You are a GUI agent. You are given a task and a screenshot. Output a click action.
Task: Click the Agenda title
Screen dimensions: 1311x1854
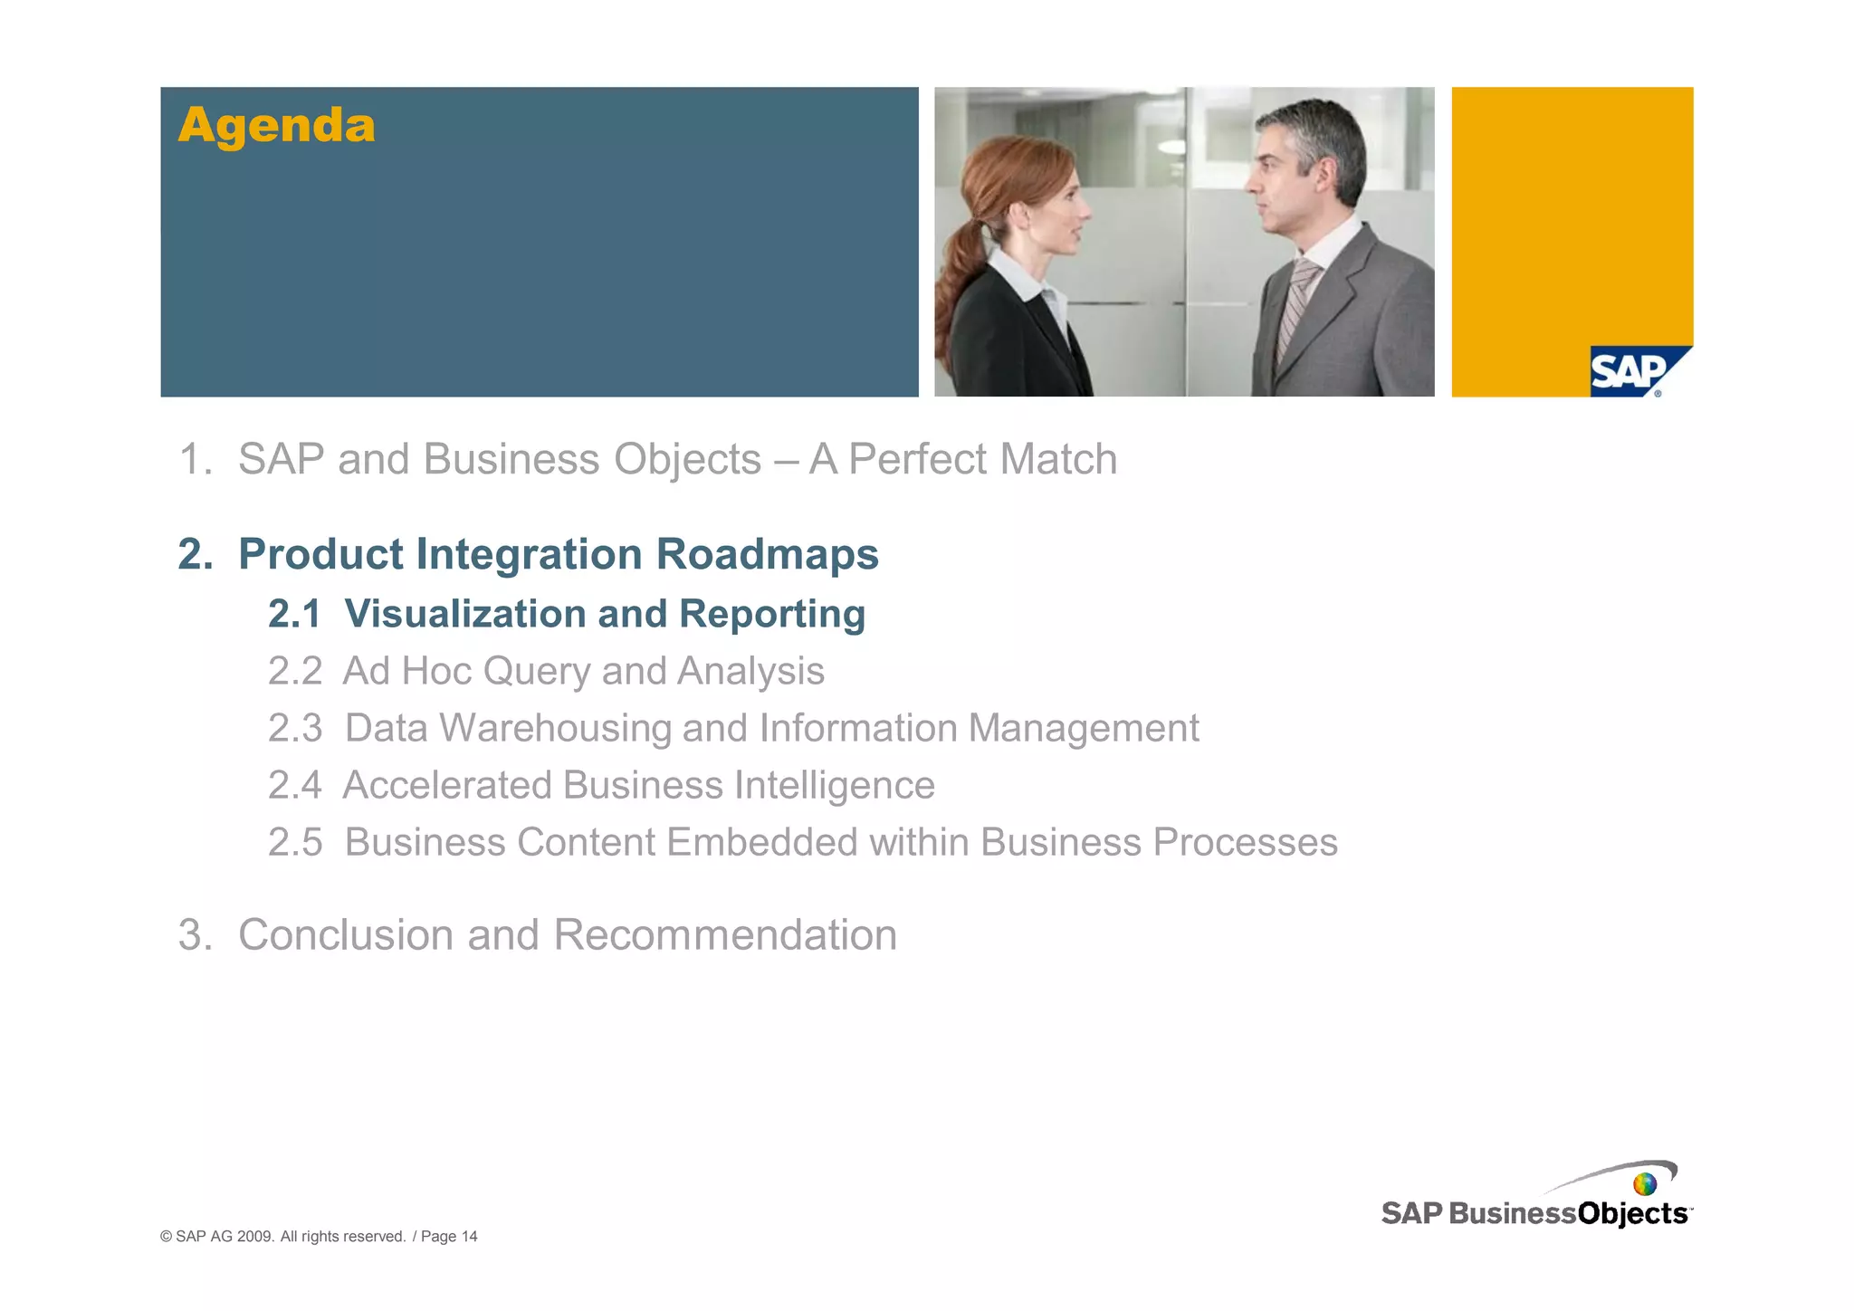coord(276,125)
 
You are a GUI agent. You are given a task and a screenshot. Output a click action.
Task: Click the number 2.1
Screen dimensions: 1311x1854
coord(294,614)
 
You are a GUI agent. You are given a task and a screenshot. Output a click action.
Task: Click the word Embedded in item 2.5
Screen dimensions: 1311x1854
coord(762,842)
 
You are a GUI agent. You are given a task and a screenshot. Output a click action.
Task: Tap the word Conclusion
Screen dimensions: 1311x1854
coord(345,934)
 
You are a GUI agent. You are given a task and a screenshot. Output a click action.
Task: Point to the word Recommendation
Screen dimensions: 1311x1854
coord(724,934)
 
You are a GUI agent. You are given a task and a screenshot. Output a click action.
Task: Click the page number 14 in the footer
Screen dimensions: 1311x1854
coord(469,1237)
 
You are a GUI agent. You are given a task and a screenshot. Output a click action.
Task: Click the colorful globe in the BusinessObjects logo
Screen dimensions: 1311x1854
coord(1645,1184)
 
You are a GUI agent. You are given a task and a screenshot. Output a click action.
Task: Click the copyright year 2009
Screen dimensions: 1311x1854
coord(255,1237)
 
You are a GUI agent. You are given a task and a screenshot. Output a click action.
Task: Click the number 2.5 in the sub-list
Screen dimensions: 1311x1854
coord(294,842)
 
